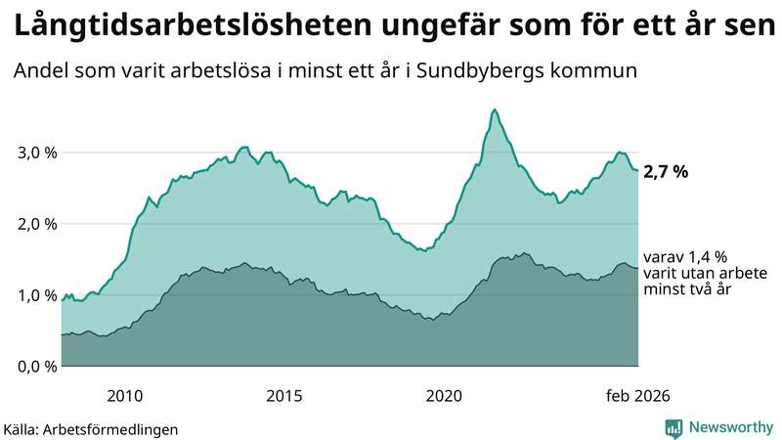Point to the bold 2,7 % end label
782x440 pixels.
[667, 172]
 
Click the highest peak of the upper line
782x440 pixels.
[495, 110]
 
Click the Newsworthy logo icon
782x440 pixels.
[673, 427]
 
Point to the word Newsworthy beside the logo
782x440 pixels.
[731, 427]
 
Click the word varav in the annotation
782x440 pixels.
[660, 256]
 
